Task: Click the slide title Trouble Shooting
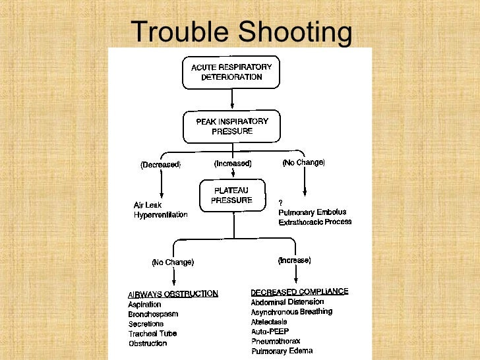(x=241, y=32)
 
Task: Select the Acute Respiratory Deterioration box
(x=231, y=72)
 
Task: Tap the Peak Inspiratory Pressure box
(x=231, y=126)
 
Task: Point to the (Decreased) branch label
(x=160, y=165)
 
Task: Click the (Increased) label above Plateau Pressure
(x=232, y=163)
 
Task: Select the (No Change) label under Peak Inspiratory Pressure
(x=303, y=162)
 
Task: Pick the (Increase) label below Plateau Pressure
(x=295, y=260)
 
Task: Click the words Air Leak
(x=148, y=205)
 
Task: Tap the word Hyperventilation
(x=161, y=215)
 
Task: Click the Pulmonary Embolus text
(x=312, y=212)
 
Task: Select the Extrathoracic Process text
(x=315, y=222)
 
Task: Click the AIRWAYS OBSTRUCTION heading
(x=173, y=294)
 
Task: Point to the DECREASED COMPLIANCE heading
(x=299, y=291)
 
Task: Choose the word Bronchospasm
(x=154, y=315)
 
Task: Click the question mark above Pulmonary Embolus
(x=281, y=202)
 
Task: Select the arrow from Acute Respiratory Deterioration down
(x=232, y=99)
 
